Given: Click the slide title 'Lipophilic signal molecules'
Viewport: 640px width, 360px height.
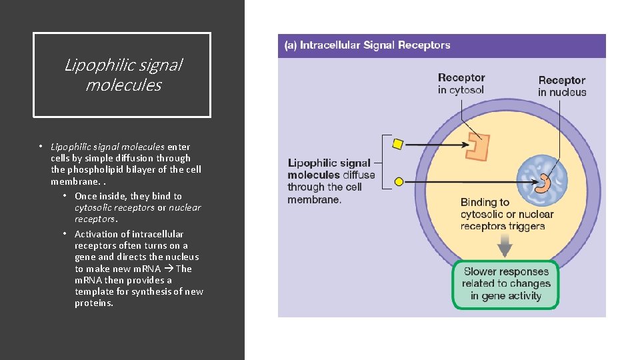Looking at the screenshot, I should click(123, 75).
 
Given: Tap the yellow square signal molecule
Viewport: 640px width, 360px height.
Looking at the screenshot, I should click(398, 143).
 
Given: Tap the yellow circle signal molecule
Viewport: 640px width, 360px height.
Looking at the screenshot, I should click(399, 181).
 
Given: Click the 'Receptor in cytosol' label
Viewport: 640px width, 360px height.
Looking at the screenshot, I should click(461, 84).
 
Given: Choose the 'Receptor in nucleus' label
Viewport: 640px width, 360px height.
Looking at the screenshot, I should click(562, 86).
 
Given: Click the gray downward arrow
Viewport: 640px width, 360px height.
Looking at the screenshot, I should click(505, 247).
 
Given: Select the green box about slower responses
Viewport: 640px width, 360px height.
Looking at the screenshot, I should click(505, 284).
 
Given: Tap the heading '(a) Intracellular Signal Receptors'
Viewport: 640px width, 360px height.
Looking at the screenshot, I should click(367, 45).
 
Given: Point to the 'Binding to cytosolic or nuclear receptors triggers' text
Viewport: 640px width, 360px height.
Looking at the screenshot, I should click(507, 214).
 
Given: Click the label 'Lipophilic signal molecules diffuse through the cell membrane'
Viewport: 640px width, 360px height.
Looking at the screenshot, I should click(331, 181).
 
